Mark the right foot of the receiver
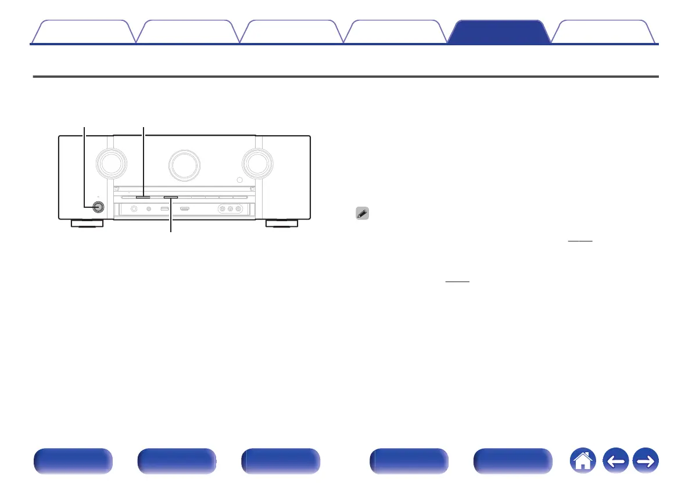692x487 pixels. click(281, 223)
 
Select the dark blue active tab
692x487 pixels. click(500, 32)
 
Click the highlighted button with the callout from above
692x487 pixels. click(143, 197)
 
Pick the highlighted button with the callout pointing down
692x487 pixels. click(171, 197)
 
